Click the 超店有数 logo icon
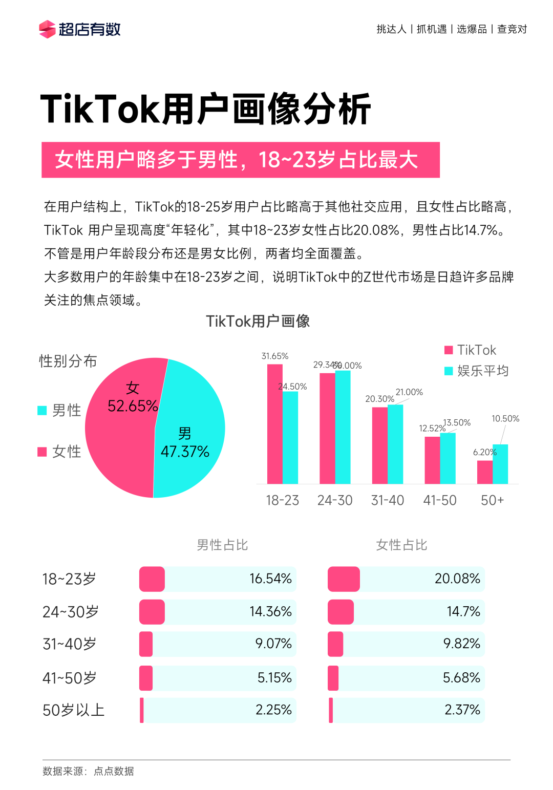[47, 29]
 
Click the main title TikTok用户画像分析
[205, 109]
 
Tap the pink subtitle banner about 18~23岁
[240, 160]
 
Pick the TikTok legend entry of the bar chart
[470, 350]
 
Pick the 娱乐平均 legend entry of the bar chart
[476, 371]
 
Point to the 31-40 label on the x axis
[388, 500]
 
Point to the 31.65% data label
[275, 356]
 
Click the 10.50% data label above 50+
[505, 419]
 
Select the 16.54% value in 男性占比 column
[270, 579]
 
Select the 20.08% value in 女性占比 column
[457, 579]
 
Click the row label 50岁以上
[74, 710]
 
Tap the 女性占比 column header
[401, 545]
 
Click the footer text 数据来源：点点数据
[88, 771]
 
